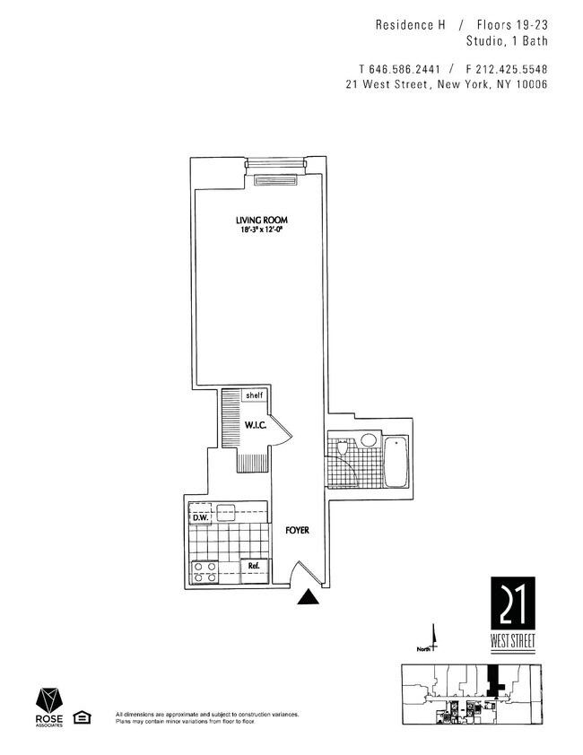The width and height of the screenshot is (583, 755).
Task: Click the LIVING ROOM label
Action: click(x=261, y=221)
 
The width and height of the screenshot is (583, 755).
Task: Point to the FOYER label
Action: click(x=297, y=531)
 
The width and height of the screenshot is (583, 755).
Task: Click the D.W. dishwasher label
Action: click(x=199, y=516)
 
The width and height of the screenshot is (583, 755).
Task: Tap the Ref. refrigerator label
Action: click(x=253, y=567)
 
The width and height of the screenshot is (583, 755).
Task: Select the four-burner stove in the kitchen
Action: click(x=204, y=572)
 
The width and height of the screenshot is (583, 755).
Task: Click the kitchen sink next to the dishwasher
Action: click(x=226, y=514)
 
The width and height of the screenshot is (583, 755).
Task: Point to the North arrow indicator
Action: click(x=434, y=638)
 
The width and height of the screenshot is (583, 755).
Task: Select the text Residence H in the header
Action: click(x=411, y=26)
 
